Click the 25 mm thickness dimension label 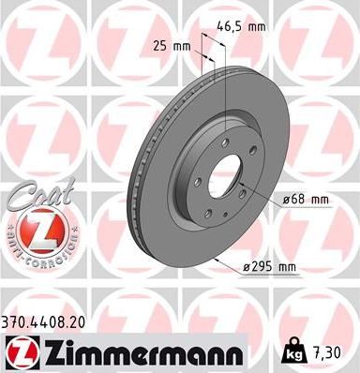167,44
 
